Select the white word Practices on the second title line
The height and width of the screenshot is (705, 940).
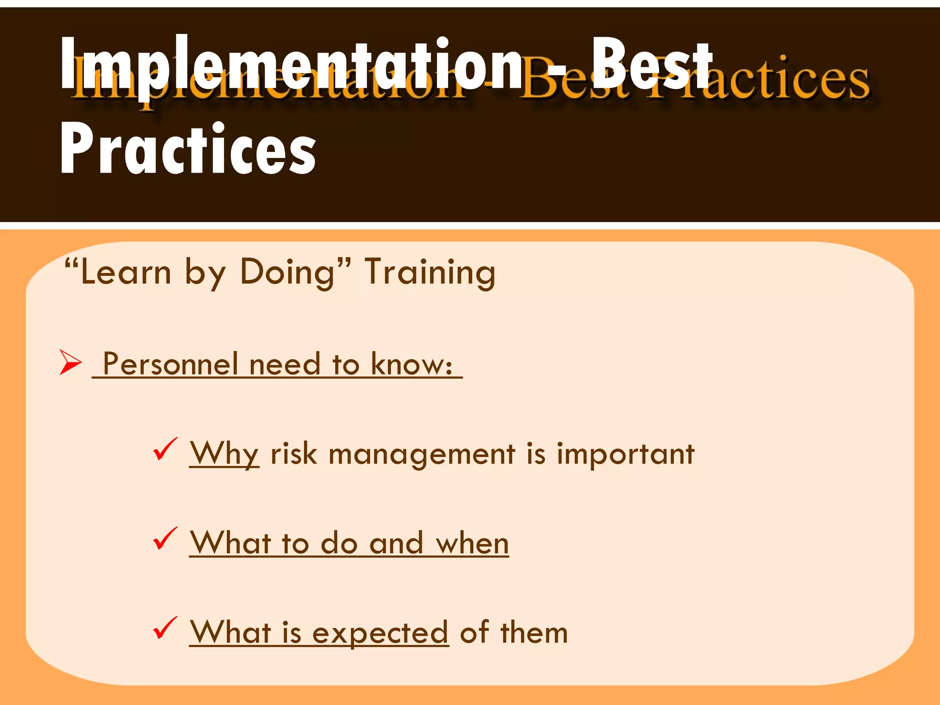pyautogui.click(x=188, y=149)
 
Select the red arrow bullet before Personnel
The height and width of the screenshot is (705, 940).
pyautogui.click(x=70, y=362)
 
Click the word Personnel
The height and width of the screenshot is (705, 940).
pyautogui.click(x=170, y=364)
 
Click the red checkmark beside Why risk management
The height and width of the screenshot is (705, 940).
pyautogui.click(x=165, y=449)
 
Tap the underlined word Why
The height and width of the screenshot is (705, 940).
pyautogui.click(x=224, y=454)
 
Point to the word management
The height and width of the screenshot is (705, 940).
pyautogui.click(x=422, y=454)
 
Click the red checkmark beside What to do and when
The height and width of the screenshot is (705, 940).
pyautogui.click(x=165, y=538)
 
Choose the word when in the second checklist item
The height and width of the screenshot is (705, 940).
pyautogui.click(x=472, y=543)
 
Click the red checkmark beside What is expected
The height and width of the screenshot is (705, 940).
pyautogui.click(x=165, y=627)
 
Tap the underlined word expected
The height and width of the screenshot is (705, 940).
pyautogui.click(x=380, y=632)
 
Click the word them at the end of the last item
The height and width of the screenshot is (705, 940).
pyautogui.click(x=534, y=632)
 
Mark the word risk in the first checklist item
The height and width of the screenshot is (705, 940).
pyautogui.click(x=294, y=454)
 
